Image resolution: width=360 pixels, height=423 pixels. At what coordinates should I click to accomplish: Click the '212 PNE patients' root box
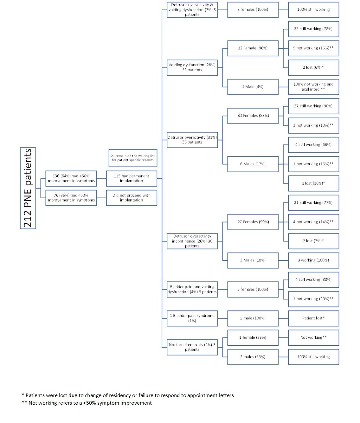[x=28, y=188]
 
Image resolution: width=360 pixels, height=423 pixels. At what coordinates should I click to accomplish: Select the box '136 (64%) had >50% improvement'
[x=71, y=179]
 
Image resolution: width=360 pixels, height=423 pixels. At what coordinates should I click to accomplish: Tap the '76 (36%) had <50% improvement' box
[x=71, y=198]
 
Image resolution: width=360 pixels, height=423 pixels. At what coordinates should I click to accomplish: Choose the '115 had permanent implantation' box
[x=131, y=179]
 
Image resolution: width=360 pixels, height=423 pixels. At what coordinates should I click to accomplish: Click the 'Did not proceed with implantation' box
[x=131, y=198]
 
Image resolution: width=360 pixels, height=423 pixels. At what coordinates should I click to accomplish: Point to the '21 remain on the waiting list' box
[x=133, y=158]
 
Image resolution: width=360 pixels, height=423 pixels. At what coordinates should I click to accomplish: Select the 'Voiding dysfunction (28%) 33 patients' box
[x=192, y=68]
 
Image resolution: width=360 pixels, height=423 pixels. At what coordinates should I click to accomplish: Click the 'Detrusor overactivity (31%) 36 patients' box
[x=192, y=140]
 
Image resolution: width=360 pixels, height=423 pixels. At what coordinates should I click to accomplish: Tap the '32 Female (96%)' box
[x=253, y=48]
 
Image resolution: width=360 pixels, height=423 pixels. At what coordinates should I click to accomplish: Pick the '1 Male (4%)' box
[x=253, y=87]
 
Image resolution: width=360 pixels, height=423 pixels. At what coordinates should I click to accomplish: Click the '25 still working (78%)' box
[x=313, y=29]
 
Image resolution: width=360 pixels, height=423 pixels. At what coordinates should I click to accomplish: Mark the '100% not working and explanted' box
[x=313, y=87]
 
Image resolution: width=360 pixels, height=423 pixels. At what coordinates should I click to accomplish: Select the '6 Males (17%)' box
[x=253, y=164]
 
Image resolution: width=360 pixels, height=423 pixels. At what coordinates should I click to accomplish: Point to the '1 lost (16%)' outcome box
[x=313, y=184]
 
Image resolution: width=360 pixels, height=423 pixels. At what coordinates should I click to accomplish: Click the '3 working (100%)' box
[x=313, y=260]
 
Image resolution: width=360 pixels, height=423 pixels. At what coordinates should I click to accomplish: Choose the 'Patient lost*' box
[x=313, y=318]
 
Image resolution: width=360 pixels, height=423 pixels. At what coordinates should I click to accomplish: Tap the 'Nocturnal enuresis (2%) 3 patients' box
[x=192, y=347]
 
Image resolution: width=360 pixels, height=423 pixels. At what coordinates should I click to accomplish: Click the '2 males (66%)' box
[x=253, y=357]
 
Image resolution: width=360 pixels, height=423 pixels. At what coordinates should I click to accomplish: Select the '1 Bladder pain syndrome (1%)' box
[x=192, y=318]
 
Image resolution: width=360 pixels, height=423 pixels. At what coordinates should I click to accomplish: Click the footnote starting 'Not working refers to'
[x=87, y=403]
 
